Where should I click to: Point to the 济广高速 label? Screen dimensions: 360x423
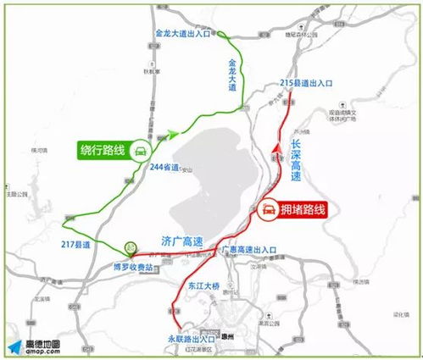click(181, 241)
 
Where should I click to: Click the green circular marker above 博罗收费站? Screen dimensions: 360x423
click(131, 247)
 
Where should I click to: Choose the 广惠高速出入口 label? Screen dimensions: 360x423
click(248, 252)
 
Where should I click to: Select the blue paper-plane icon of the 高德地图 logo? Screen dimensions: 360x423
click(14, 346)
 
